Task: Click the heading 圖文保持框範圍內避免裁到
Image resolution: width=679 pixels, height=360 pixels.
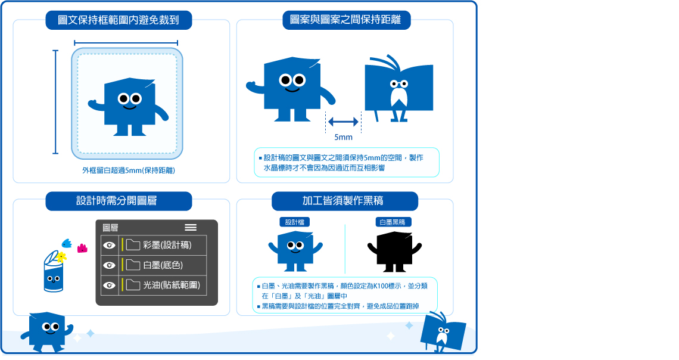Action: [x=118, y=20]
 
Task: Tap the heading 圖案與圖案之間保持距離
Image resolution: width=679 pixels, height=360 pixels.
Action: [x=345, y=20]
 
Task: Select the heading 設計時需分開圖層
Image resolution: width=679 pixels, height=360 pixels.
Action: [x=117, y=201]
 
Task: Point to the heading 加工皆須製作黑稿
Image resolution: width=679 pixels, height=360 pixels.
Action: [x=342, y=201]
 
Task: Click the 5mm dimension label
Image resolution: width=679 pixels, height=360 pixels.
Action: [x=344, y=137]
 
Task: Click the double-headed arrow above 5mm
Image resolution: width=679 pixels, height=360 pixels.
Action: [x=344, y=122]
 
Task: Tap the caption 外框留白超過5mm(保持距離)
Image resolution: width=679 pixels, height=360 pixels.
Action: [x=129, y=170]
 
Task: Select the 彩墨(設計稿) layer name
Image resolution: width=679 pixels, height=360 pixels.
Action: [x=167, y=245]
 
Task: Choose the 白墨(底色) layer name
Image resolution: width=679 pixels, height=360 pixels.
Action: [x=163, y=265]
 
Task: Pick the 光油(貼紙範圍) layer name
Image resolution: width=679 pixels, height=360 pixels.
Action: [x=172, y=285]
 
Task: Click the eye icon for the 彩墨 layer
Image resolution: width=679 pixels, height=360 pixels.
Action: [x=109, y=245]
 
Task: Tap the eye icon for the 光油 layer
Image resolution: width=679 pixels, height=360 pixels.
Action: [x=109, y=285]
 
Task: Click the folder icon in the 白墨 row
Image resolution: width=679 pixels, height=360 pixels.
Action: [x=133, y=265]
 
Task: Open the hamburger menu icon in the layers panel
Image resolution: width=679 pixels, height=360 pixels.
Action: [x=191, y=228]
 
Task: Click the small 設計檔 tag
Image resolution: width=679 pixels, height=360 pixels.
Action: [x=294, y=222]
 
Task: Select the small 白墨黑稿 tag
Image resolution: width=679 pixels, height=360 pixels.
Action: [x=393, y=222]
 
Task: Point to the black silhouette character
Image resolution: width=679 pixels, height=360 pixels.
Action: [x=394, y=252]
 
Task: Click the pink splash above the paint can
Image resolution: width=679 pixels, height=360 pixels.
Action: [x=82, y=248]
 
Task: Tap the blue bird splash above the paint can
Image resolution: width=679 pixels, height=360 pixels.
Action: [x=67, y=243]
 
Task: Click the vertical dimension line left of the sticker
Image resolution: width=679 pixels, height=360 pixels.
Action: [x=55, y=102]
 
